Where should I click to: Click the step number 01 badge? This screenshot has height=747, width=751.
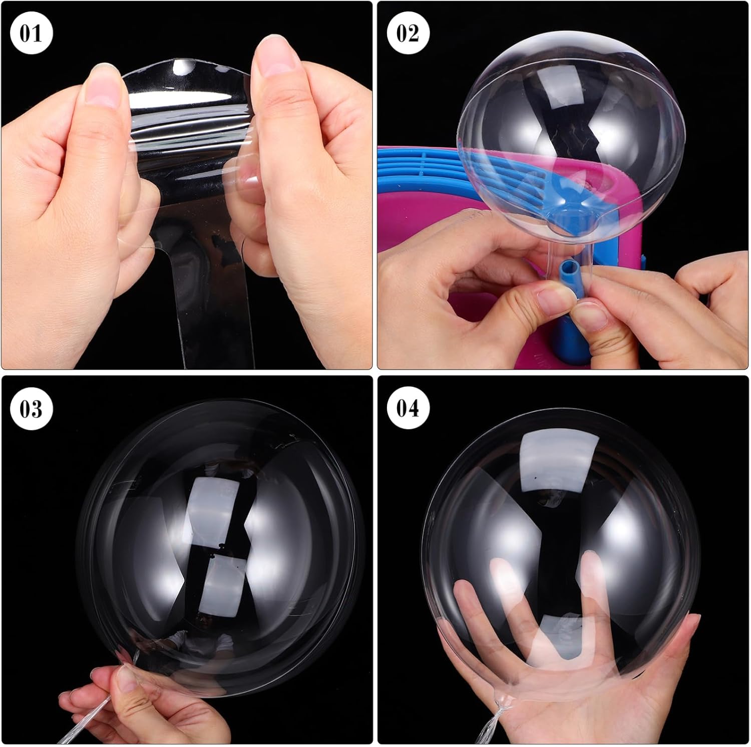click(31, 34)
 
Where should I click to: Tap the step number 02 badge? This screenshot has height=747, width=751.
click(408, 34)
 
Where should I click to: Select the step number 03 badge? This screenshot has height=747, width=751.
click(31, 409)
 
